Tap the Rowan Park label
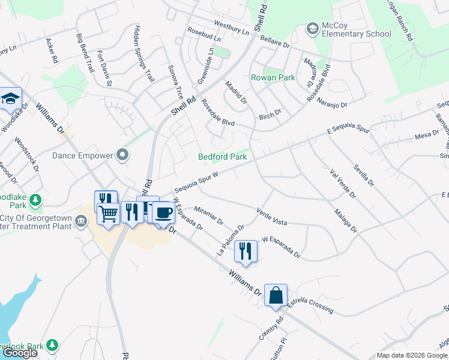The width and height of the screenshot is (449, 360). coord(273,77)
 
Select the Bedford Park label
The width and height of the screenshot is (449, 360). coord(223,157)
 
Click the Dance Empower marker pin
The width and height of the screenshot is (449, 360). coord(123,155)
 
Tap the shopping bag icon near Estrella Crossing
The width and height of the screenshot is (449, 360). coord(276,295)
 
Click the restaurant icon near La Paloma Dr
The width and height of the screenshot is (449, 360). coord(246,250)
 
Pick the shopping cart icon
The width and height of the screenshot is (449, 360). coord(108,213)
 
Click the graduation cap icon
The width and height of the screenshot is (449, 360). coord(10,98)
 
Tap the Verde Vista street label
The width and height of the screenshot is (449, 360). coord(271,217)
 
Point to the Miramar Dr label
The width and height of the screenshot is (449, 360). coord(208,215)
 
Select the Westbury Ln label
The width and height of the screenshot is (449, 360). coord(231,28)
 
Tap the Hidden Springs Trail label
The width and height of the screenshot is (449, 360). coord(144,53)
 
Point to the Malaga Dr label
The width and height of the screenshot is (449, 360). coord(345,220)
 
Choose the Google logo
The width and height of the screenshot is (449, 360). coord(20,353)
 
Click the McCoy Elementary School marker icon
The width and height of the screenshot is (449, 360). coord(312,28)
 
